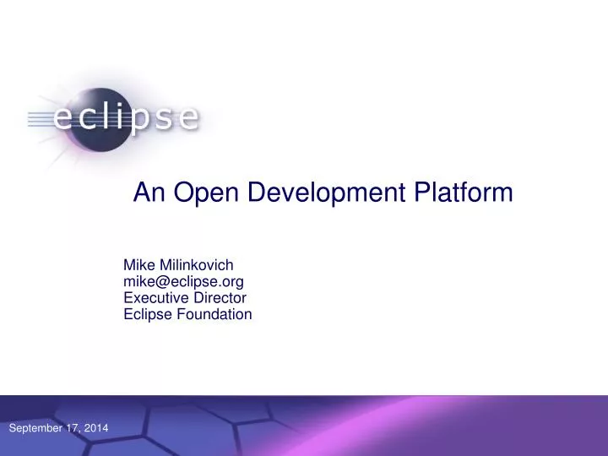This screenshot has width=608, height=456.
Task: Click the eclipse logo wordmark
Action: [x=127, y=118]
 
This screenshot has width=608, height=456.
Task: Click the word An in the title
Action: [x=148, y=193]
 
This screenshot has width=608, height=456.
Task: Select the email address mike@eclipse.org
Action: [x=184, y=281]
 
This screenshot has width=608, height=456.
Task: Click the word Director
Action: [x=220, y=297]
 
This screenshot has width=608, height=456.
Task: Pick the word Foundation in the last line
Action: [x=212, y=314]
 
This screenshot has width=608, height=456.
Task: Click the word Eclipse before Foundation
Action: [x=146, y=314]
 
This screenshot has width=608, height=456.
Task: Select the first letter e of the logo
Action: [x=63, y=119]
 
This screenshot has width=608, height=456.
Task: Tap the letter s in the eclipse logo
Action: [x=166, y=119]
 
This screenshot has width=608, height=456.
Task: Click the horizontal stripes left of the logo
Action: [x=37, y=119]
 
